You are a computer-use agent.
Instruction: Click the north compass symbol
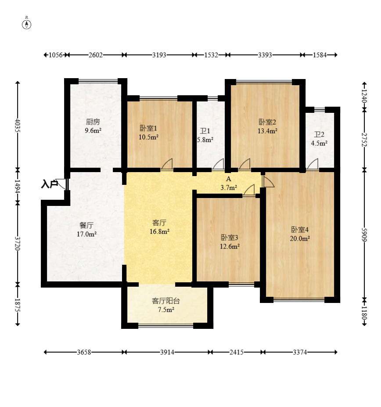26,24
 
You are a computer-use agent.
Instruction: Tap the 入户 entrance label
49,184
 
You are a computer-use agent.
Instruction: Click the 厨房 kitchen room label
93,122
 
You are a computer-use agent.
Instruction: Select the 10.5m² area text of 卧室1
148,137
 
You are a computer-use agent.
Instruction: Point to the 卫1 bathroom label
205,131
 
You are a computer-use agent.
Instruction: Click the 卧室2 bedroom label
267,122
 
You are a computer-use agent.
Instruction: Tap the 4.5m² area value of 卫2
319,143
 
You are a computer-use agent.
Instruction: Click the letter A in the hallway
228,179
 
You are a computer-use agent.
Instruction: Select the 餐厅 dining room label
86,225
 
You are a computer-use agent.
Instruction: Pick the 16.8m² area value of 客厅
160,231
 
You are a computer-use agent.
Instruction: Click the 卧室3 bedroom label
230,237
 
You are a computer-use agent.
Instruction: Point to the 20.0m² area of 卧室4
300,238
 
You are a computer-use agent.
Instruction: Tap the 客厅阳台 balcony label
166,301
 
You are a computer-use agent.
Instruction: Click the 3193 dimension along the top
159,55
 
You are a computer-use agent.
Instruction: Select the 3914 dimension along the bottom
167,352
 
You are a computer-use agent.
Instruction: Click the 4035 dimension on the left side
18,126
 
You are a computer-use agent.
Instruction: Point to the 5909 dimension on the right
364,234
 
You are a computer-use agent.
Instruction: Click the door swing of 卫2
313,164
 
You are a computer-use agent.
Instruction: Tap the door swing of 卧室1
167,164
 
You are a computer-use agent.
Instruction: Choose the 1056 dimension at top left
56,55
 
